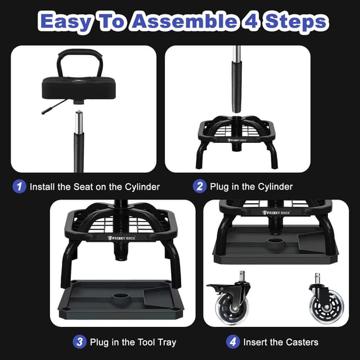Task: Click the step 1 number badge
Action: coord(20,186)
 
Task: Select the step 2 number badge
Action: coord(200,186)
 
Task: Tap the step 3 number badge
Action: coord(79,341)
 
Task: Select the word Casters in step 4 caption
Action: coord(301,342)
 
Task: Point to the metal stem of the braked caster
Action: coord(243,277)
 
